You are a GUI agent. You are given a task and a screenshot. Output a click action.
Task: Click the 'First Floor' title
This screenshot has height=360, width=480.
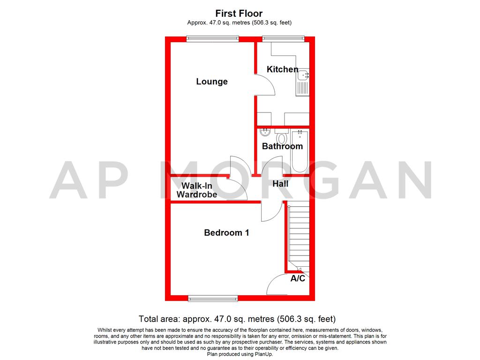pos(239,14)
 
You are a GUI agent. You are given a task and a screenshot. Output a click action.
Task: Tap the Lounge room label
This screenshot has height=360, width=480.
pos(212,82)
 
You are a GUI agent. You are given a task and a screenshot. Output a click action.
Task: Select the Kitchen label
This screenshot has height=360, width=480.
pos(282,69)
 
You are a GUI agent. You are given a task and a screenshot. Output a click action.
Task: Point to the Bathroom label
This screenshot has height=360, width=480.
pos(282,146)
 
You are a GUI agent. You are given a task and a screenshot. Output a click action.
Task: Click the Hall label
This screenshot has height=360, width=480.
pos(280,184)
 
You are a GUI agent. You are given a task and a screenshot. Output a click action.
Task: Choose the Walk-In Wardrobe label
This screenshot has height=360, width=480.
pos(196,190)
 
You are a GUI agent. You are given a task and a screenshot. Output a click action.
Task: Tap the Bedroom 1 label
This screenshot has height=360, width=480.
pos(226,232)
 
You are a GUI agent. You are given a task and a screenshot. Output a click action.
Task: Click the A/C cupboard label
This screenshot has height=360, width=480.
pos(298,278)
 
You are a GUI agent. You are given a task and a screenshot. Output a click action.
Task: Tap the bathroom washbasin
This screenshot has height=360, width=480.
pos(265,133)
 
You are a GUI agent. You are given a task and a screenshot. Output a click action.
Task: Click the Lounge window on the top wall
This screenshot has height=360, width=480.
pos(212,39)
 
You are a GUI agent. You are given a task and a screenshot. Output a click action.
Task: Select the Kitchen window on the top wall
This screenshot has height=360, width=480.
pos(283,39)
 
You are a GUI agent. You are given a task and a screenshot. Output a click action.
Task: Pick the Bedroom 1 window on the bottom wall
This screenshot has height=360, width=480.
pos(213,298)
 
